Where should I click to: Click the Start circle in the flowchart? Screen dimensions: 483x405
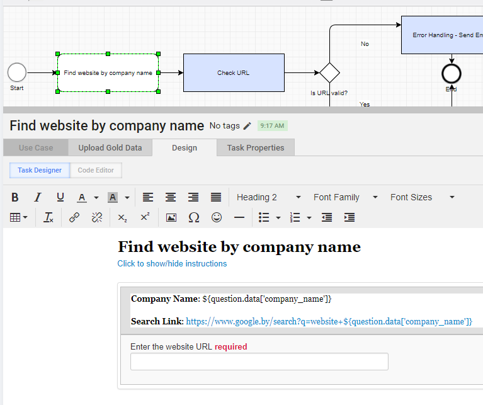[x=17, y=72]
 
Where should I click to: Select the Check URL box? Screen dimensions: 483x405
[x=234, y=72]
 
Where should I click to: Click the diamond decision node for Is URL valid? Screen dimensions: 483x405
[x=329, y=72]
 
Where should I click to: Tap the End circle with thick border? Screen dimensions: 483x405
[x=452, y=74]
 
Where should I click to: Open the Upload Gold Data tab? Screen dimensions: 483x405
[x=110, y=147]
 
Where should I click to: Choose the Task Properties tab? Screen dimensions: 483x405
[x=256, y=147]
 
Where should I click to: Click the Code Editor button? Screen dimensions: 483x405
[x=96, y=170]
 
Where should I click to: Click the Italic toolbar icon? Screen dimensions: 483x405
[x=38, y=197]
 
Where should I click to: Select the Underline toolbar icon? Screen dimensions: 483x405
[x=60, y=197]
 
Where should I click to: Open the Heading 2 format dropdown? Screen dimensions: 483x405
[x=268, y=197]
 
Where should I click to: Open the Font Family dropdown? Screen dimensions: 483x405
[x=345, y=197]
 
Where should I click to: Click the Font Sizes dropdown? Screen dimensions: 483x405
[x=422, y=197]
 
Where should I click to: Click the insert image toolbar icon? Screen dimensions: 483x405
[x=171, y=217]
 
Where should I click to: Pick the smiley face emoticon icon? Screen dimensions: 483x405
[x=217, y=217]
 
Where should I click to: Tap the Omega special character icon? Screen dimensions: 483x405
[x=194, y=217]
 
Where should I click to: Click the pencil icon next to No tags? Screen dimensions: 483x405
[x=247, y=126]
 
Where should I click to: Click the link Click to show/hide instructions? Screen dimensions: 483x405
[x=172, y=264]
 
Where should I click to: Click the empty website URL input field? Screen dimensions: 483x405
[x=259, y=362]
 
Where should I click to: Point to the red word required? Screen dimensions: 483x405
[x=230, y=347]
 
